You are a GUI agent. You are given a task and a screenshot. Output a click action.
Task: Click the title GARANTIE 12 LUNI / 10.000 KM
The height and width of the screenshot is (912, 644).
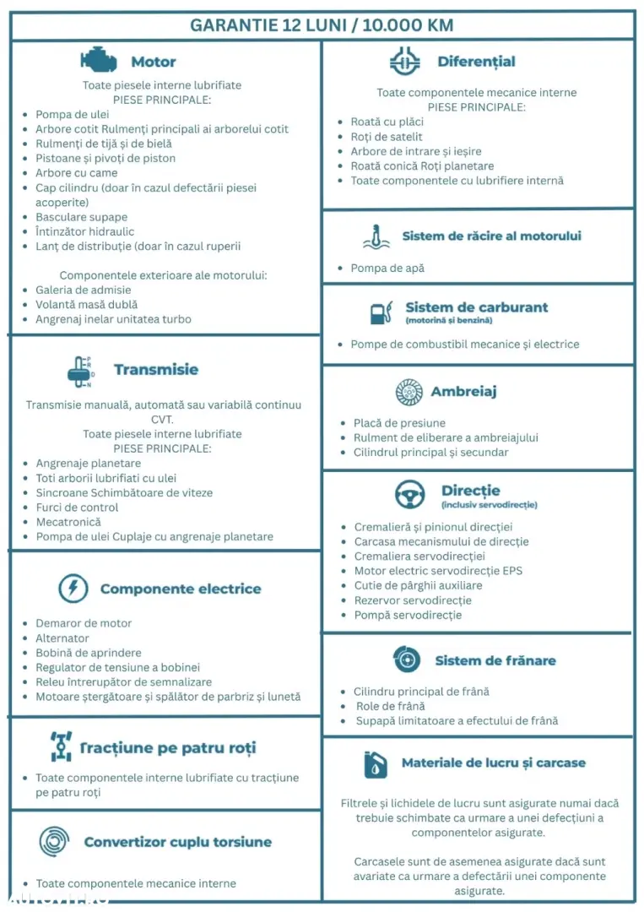[x=322, y=24]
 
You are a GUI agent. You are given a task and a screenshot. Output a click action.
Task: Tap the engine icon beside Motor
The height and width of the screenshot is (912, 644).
[x=99, y=60]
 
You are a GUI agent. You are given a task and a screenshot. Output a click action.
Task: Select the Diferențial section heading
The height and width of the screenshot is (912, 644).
[x=476, y=62]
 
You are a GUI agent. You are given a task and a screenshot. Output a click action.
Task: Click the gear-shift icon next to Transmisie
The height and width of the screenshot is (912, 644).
[x=80, y=370]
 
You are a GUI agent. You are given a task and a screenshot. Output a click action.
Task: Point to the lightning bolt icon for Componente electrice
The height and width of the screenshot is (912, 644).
[x=73, y=588]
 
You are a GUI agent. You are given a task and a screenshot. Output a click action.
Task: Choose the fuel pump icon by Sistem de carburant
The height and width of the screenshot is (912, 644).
[x=382, y=312]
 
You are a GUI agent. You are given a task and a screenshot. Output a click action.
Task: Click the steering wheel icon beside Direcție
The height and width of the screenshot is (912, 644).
[x=410, y=494]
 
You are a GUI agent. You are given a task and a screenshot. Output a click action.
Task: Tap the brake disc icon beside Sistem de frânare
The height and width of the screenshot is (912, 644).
[x=407, y=660]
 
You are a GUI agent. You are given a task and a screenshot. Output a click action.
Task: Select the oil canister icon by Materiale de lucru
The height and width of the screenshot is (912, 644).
[x=376, y=763]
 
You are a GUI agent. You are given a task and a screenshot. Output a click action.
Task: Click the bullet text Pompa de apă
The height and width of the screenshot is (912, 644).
[x=387, y=268]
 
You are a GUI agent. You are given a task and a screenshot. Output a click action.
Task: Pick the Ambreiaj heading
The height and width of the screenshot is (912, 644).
[x=463, y=392]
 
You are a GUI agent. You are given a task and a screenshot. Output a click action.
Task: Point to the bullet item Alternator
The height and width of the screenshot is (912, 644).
[x=62, y=638]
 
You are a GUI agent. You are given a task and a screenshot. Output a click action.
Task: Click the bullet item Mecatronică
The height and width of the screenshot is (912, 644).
[x=68, y=522]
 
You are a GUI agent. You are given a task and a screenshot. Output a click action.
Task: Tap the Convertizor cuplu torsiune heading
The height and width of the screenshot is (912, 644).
[x=177, y=842]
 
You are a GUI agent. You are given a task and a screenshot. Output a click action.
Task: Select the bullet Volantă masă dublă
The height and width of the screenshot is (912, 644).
[x=86, y=305]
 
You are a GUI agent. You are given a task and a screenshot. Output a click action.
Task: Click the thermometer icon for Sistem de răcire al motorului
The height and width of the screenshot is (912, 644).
[x=376, y=237]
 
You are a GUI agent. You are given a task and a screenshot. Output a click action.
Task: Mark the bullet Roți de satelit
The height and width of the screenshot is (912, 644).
[x=387, y=137]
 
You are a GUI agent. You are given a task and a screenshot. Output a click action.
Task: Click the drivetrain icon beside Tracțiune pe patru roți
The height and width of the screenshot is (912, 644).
[x=62, y=747]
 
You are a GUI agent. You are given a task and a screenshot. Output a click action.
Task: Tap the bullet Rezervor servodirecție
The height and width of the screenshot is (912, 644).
[x=413, y=600]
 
